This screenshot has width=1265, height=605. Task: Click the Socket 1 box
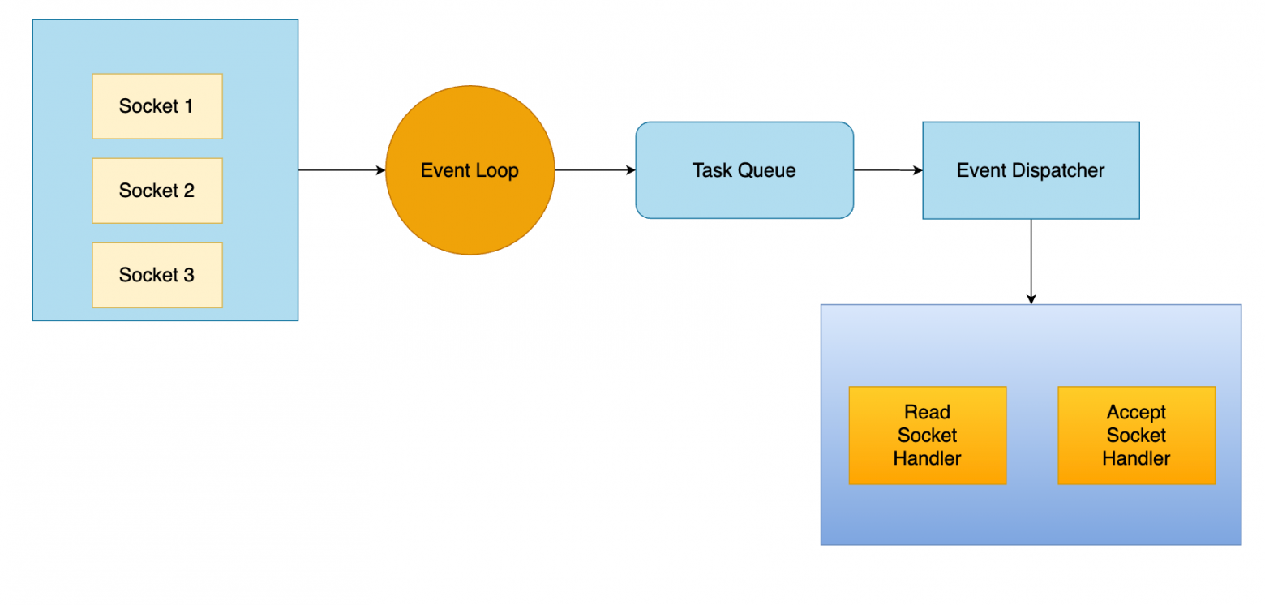(157, 106)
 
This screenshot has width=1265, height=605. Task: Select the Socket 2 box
(157, 191)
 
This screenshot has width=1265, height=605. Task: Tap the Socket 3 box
(157, 275)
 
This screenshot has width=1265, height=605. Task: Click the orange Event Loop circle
(470, 170)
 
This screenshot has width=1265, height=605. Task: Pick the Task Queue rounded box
(744, 170)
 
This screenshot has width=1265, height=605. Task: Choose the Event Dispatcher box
(1031, 170)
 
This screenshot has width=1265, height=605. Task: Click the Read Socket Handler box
(928, 436)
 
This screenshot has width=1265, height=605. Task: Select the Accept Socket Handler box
(1136, 436)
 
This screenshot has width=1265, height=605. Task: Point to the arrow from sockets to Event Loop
(341, 170)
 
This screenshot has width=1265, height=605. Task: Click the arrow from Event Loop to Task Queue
(595, 170)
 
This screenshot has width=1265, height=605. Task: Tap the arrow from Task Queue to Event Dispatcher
(888, 170)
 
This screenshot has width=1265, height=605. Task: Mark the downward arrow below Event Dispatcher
(1031, 262)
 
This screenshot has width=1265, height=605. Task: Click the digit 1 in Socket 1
(189, 106)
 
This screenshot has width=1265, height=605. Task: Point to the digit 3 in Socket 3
(189, 275)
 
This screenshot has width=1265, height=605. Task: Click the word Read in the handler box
(928, 412)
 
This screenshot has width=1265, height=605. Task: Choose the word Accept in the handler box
(1136, 413)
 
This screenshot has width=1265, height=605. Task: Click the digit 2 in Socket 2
(189, 191)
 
